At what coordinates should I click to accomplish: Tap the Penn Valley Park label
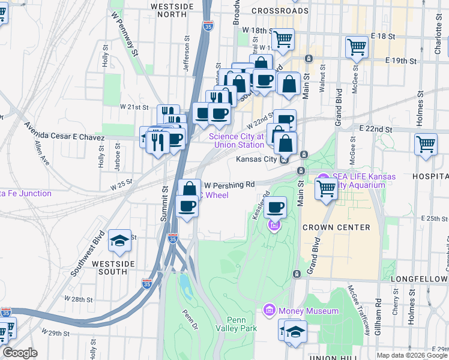242,324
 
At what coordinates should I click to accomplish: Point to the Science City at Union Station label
236,140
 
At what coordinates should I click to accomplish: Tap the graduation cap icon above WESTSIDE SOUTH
120,241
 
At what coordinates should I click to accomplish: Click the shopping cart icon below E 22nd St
426,143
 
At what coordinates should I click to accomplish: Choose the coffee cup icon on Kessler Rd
276,208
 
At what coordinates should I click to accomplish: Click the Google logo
19,353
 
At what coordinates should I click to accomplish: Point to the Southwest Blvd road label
87,254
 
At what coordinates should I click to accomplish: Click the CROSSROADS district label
280,11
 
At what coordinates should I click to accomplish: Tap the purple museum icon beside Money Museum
270,310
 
